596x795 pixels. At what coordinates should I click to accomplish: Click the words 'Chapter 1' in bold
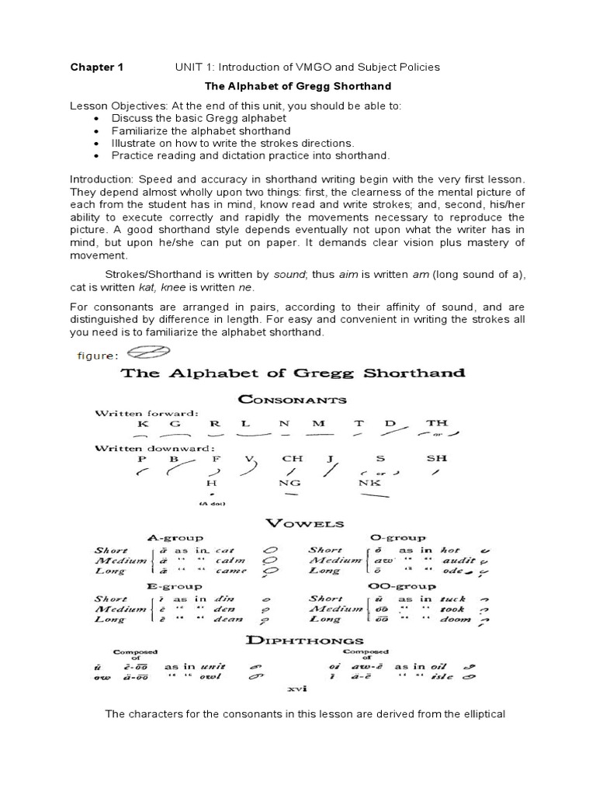tap(97, 67)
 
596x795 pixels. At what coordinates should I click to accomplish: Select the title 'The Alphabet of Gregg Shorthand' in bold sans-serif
tap(297, 86)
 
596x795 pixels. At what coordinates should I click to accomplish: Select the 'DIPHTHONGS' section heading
tap(294, 640)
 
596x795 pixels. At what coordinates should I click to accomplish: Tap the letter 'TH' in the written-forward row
tap(437, 424)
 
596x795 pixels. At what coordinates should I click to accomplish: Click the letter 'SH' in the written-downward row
tap(438, 458)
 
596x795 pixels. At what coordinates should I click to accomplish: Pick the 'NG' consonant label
tap(293, 481)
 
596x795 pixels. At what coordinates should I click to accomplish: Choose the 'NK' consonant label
tap(369, 481)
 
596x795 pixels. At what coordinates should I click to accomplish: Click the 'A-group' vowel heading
tap(175, 537)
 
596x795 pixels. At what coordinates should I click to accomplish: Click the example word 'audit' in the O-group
tap(455, 559)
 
